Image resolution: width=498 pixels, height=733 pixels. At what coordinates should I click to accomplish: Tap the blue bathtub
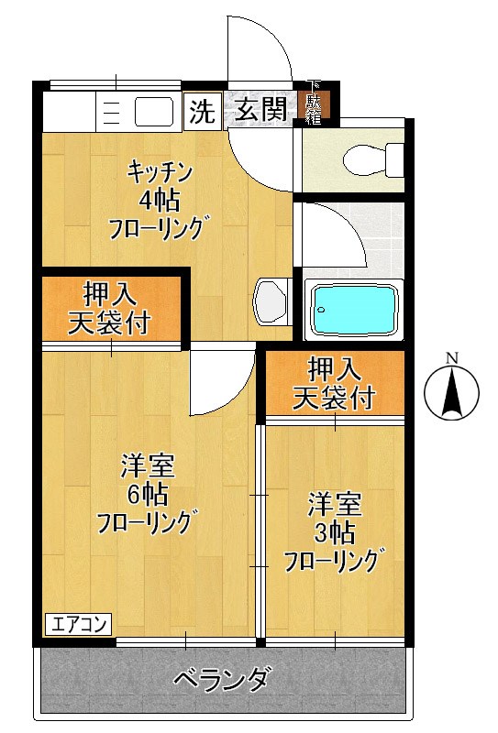point(355,310)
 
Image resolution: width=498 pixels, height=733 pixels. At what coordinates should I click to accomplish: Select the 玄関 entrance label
point(260,111)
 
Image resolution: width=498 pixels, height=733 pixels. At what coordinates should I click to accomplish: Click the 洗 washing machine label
point(201,111)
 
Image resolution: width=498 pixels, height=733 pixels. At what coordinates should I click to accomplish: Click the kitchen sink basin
point(152,112)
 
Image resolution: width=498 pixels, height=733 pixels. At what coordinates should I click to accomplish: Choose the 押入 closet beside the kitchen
point(110,308)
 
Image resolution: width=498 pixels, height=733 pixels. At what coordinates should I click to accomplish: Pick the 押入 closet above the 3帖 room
point(334,383)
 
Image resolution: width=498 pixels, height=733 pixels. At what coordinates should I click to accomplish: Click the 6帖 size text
point(147,496)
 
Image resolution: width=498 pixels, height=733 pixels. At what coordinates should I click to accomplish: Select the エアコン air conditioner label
point(77,626)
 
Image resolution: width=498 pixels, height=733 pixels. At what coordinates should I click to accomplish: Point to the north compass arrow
point(451,394)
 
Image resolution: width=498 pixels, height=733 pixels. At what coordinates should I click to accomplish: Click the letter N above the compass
point(451,357)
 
